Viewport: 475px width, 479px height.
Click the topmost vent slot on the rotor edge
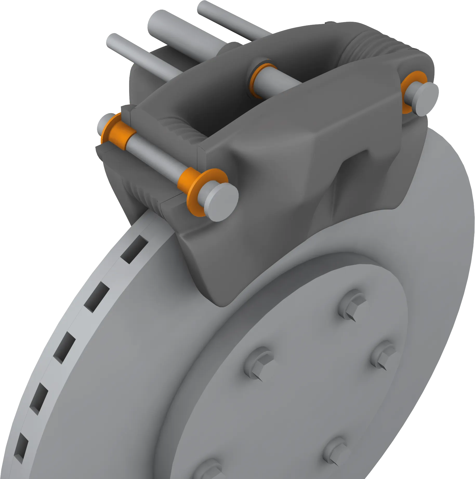pos(134,249)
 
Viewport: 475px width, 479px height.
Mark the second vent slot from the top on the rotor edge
pos(97,297)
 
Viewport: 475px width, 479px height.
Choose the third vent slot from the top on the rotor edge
pos(64,347)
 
